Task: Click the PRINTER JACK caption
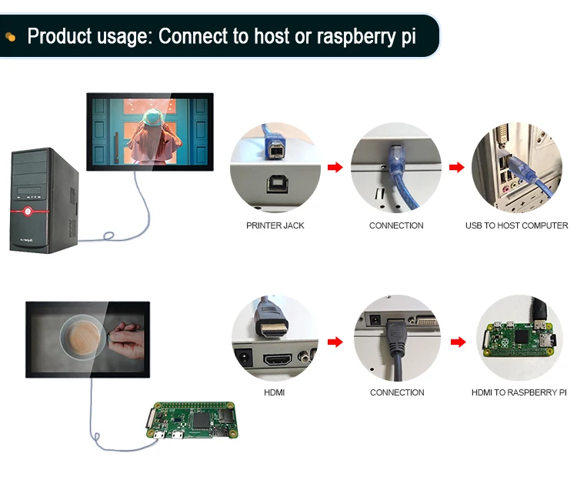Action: point(275,225)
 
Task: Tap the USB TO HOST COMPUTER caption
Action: point(516,225)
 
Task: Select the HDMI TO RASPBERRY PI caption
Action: point(519,392)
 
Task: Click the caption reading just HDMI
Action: point(275,392)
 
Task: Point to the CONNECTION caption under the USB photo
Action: point(396,225)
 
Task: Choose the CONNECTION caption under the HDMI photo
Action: point(397,392)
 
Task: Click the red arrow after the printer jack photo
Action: point(335,168)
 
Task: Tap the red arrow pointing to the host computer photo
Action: point(456,168)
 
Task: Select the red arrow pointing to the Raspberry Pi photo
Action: point(458,342)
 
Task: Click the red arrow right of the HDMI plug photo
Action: point(335,342)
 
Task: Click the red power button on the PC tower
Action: point(28,210)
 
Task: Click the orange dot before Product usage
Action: point(11,36)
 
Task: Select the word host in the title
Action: point(268,36)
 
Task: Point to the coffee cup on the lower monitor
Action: point(81,339)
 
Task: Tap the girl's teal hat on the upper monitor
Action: point(152,117)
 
